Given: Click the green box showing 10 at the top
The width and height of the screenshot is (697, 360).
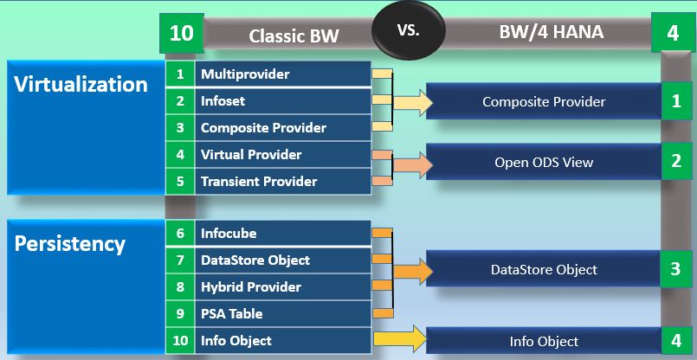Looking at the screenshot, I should click(182, 34).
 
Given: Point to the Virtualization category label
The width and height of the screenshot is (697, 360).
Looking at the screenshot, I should click(81, 85).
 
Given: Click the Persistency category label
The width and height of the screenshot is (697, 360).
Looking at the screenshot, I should click(70, 244).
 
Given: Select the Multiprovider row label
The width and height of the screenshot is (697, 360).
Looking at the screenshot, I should click(245, 74).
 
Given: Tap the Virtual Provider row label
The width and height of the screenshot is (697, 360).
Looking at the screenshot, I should click(251, 155).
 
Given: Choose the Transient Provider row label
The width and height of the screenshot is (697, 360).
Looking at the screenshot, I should click(259, 182).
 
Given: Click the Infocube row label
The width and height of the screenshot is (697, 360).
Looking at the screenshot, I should click(229, 234).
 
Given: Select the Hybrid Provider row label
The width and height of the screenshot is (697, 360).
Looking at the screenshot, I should click(251, 287).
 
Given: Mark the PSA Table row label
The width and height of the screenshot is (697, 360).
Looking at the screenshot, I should click(231, 314).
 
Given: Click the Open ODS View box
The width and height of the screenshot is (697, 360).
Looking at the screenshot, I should click(544, 162).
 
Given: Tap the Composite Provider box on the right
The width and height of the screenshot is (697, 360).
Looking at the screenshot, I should click(544, 102).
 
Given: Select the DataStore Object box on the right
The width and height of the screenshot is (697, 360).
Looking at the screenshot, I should click(544, 269).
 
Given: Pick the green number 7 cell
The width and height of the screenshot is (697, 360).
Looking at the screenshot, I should click(180, 260).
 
